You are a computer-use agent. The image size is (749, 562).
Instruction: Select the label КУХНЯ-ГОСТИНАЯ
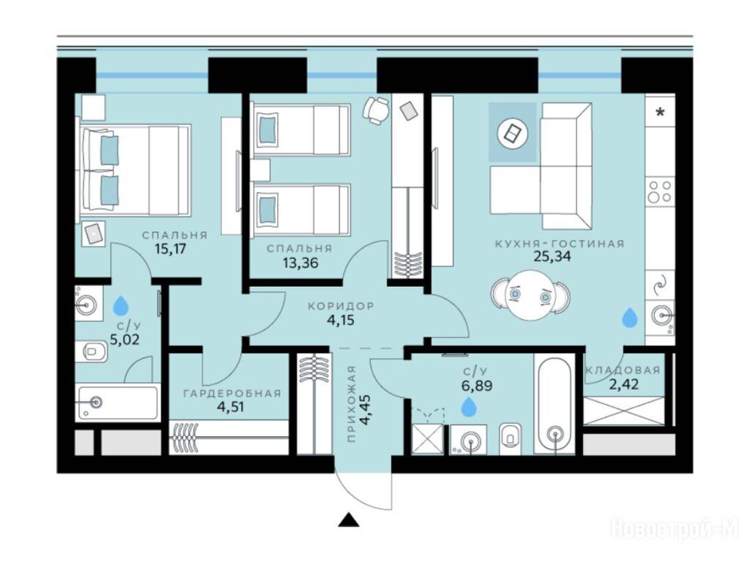(560, 244)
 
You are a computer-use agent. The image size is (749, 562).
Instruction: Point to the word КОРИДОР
(341, 306)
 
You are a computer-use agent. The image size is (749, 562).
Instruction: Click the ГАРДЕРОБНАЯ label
(232, 394)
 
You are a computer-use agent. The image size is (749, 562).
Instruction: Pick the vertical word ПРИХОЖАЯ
(352, 404)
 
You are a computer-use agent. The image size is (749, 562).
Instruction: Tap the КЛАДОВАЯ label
(623, 370)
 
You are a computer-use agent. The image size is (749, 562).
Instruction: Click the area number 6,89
(477, 385)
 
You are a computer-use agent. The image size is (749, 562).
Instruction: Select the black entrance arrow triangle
(348, 520)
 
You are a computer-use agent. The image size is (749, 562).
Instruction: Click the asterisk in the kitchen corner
(660, 113)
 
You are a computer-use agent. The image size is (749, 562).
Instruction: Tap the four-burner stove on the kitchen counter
(659, 192)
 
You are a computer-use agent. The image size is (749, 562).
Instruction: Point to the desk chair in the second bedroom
(376, 110)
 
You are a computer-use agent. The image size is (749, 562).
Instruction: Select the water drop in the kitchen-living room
(630, 318)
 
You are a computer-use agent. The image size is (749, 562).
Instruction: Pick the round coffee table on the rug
(512, 133)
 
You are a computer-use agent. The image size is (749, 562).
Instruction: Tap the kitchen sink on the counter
(659, 315)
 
